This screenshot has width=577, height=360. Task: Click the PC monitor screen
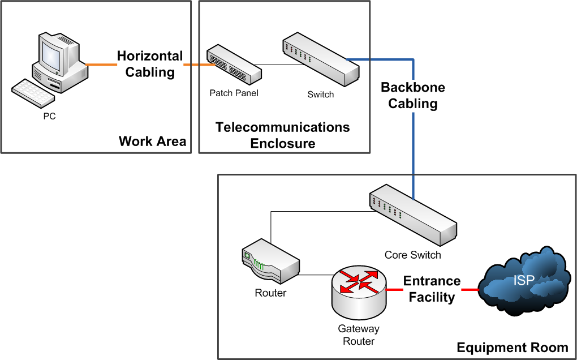tap(51, 55)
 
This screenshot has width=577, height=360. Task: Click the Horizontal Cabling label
tap(150, 64)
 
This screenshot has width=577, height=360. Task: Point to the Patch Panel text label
tap(234, 93)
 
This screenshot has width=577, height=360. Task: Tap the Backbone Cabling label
tap(413, 96)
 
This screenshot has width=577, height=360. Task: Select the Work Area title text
tap(152, 141)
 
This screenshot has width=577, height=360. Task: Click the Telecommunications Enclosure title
tap(283, 135)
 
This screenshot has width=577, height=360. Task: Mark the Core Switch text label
tap(412, 255)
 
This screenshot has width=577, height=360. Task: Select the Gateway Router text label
tap(359, 335)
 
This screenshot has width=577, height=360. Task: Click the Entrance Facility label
tap(432, 289)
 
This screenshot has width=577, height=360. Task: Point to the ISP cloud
tap(523, 280)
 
